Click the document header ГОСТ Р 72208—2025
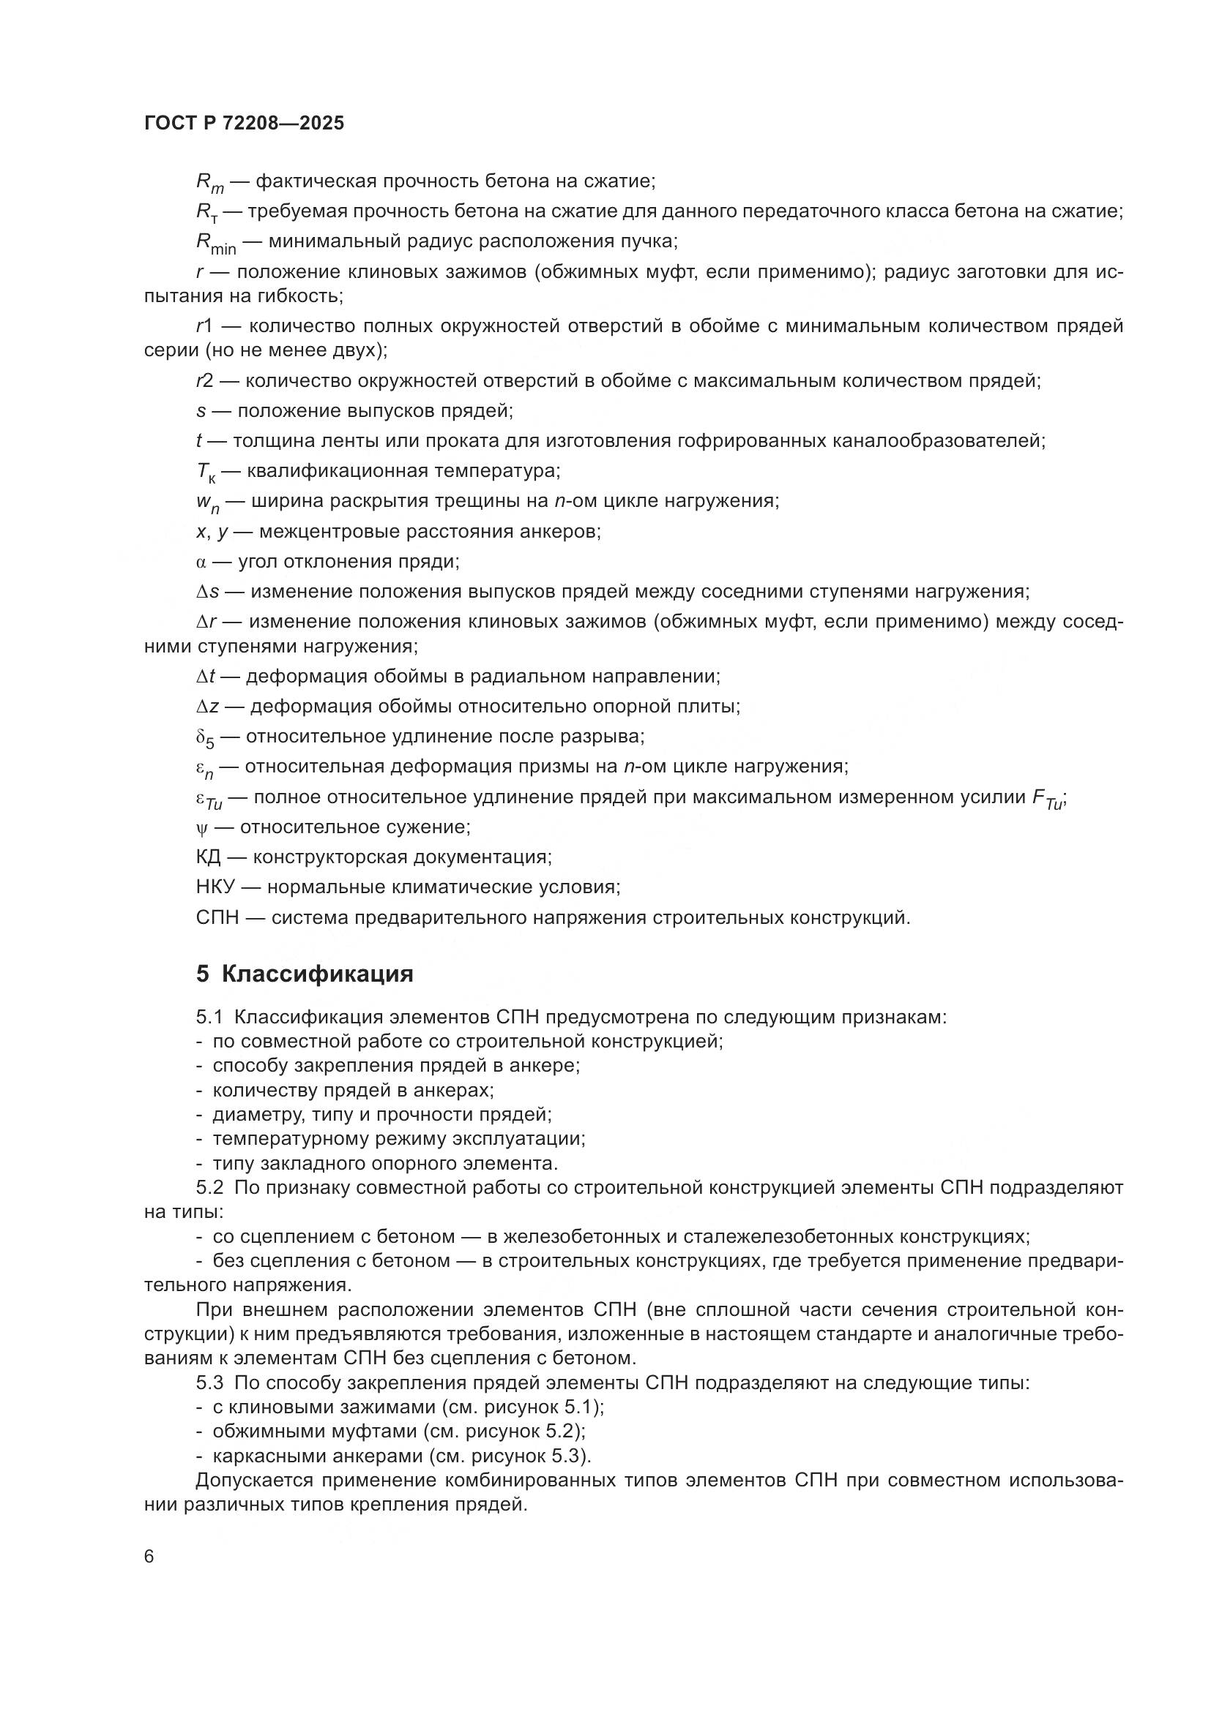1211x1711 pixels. [x=244, y=124]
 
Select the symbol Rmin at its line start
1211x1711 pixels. [x=215, y=243]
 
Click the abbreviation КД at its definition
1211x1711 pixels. [x=208, y=857]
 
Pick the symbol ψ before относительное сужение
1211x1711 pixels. [x=200, y=827]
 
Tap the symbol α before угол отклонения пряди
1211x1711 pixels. [x=201, y=562]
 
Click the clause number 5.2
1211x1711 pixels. [x=209, y=1188]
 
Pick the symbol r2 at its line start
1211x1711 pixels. [x=204, y=381]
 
